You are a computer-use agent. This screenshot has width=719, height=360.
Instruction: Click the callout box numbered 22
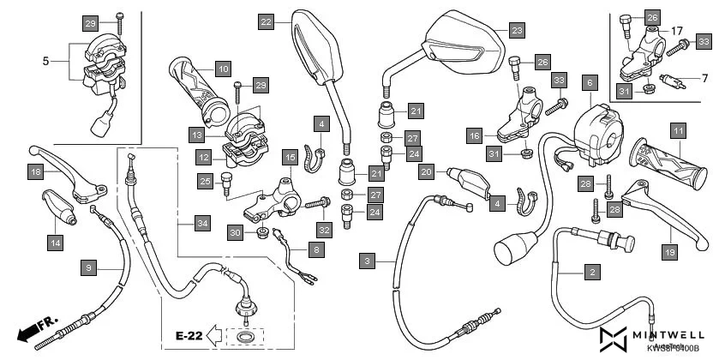click(x=267, y=21)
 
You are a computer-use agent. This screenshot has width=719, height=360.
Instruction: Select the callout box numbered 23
click(x=516, y=31)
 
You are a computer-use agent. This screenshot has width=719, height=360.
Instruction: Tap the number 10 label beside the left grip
click(x=222, y=68)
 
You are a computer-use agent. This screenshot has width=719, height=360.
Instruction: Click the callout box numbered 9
click(x=88, y=268)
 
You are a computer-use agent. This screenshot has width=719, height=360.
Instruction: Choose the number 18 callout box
click(x=35, y=172)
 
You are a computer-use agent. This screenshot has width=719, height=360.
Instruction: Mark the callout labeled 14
click(x=55, y=243)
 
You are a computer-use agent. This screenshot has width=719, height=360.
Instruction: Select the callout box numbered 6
click(x=589, y=83)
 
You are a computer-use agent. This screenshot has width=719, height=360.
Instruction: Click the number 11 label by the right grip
click(x=678, y=131)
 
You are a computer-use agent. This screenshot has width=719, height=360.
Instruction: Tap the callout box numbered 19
click(x=668, y=251)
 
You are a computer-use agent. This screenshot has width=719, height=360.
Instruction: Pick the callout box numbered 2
click(x=590, y=273)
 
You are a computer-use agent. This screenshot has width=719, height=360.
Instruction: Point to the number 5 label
click(x=45, y=61)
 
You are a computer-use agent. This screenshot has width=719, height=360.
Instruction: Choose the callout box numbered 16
click(x=474, y=135)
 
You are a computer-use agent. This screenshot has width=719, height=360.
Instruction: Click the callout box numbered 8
click(x=316, y=250)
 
